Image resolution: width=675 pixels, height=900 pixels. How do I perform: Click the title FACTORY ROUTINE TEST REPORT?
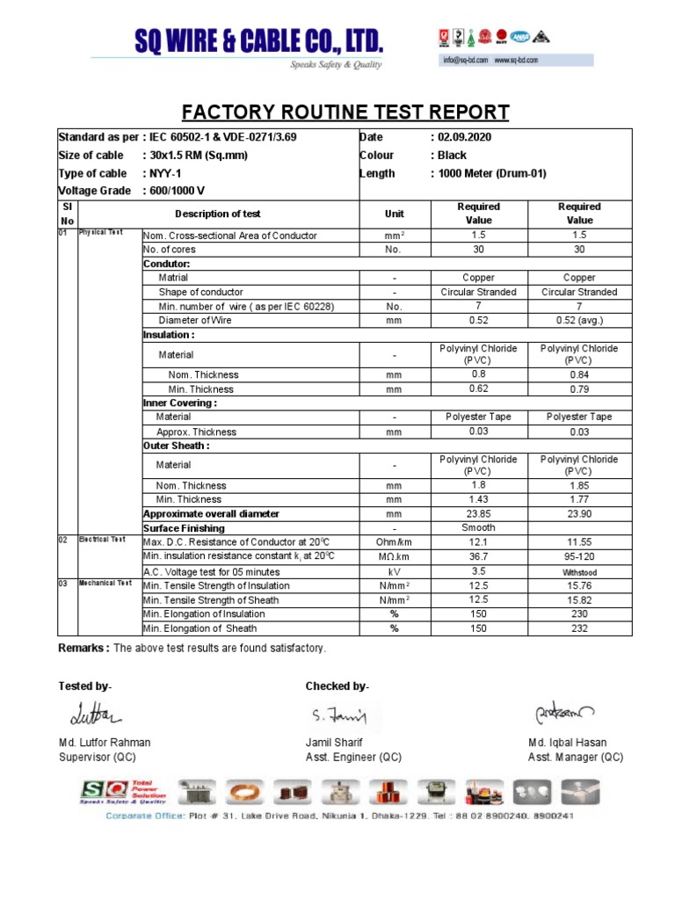pyautogui.click(x=345, y=112)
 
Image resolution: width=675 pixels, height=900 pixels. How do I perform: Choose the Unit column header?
pyautogui.click(x=395, y=214)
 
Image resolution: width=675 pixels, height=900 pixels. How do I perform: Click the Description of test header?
pyautogui.click(x=217, y=214)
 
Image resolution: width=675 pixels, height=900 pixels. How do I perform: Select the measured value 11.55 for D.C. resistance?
pyautogui.click(x=579, y=542)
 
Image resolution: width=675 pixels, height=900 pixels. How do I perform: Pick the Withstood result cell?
pyautogui.click(x=579, y=571)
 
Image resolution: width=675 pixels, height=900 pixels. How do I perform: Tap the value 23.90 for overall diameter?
pyautogui.click(x=579, y=514)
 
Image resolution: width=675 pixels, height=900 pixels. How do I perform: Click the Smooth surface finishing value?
pyautogui.click(x=478, y=528)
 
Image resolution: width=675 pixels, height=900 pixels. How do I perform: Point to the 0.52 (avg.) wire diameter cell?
pyautogui.click(x=579, y=321)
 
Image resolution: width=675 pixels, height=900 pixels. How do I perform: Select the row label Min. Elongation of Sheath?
pyautogui.click(x=200, y=628)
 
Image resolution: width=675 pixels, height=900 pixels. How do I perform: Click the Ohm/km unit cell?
pyautogui.click(x=395, y=542)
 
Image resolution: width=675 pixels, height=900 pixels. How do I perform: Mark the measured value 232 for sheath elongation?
pyautogui.click(x=579, y=628)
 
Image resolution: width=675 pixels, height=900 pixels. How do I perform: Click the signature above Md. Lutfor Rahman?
pyautogui.click(x=91, y=712)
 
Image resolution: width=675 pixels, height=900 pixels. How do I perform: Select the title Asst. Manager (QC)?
pyautogui.click(x=576, y=757)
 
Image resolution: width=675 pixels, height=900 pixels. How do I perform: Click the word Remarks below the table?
pyautogui.click(x=83, y=648)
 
